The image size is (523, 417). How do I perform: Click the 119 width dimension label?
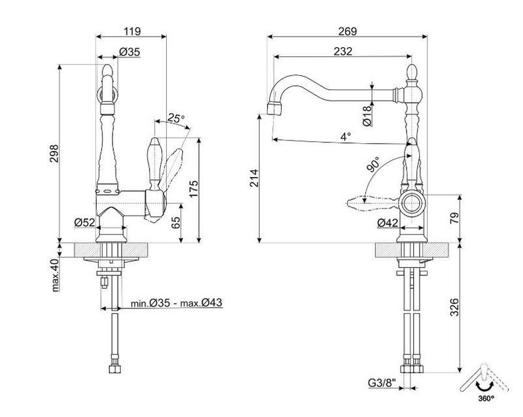pos(133,31)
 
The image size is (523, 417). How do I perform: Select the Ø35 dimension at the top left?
pos(129,52)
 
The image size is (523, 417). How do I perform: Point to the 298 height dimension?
pos(54,154)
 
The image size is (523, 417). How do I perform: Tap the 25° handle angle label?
pos(176,118)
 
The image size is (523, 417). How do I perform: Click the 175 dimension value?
pos(194,189)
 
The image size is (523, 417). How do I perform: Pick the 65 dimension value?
pos(176,222)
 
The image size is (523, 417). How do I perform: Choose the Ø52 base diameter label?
pos(85,222)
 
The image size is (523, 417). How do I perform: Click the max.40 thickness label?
pos(56,275)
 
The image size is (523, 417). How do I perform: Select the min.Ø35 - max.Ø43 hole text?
pos(176,303)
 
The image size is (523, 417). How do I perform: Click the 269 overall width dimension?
pos(348,31)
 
